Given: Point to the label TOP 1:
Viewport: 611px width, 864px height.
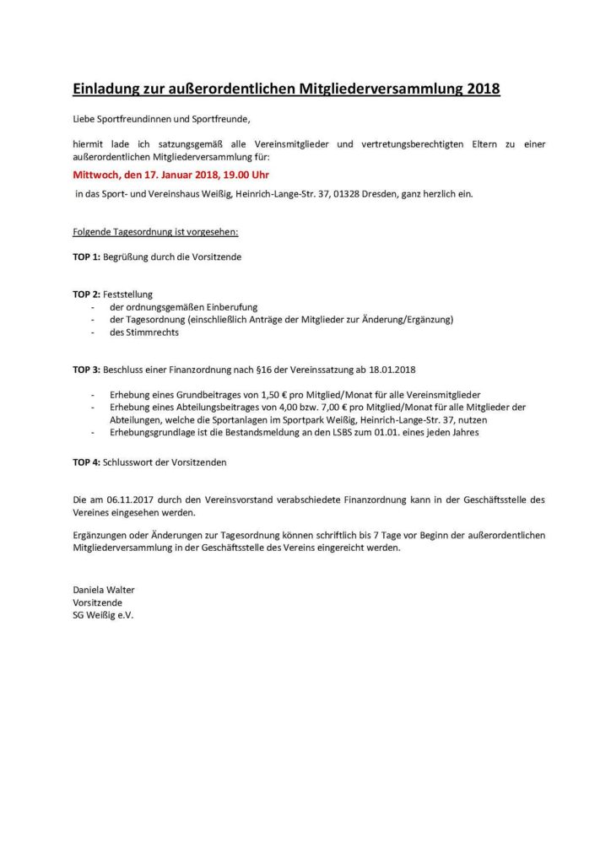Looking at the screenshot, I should tap(86, 256).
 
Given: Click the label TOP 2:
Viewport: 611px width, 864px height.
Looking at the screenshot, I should tap(86, 294).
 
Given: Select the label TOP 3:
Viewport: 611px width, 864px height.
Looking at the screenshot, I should tap(86, 370).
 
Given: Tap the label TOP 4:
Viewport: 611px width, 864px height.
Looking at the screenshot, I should tap(86, 462).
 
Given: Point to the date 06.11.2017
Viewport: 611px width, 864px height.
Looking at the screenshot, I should tap(123, 500).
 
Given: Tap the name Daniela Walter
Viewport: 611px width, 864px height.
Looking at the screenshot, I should tap(103, 590).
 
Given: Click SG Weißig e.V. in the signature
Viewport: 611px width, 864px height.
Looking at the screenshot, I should tap(103, 615).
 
